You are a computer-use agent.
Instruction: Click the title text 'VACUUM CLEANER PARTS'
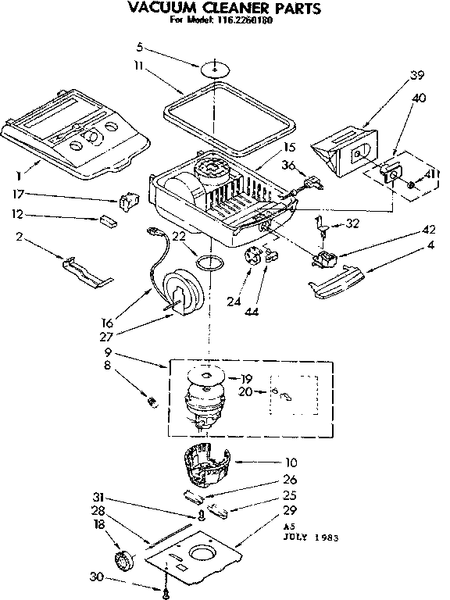click(224, 9)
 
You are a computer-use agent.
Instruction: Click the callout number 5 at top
click(140, 46)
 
